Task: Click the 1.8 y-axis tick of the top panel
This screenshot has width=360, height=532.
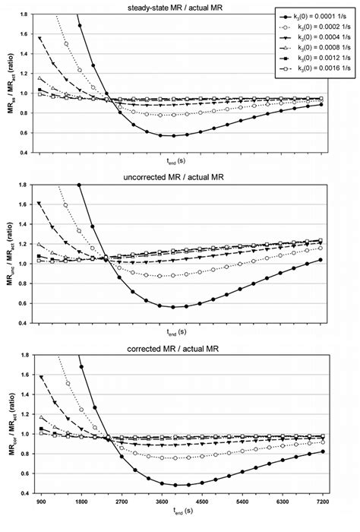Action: click(x=26, y=15)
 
